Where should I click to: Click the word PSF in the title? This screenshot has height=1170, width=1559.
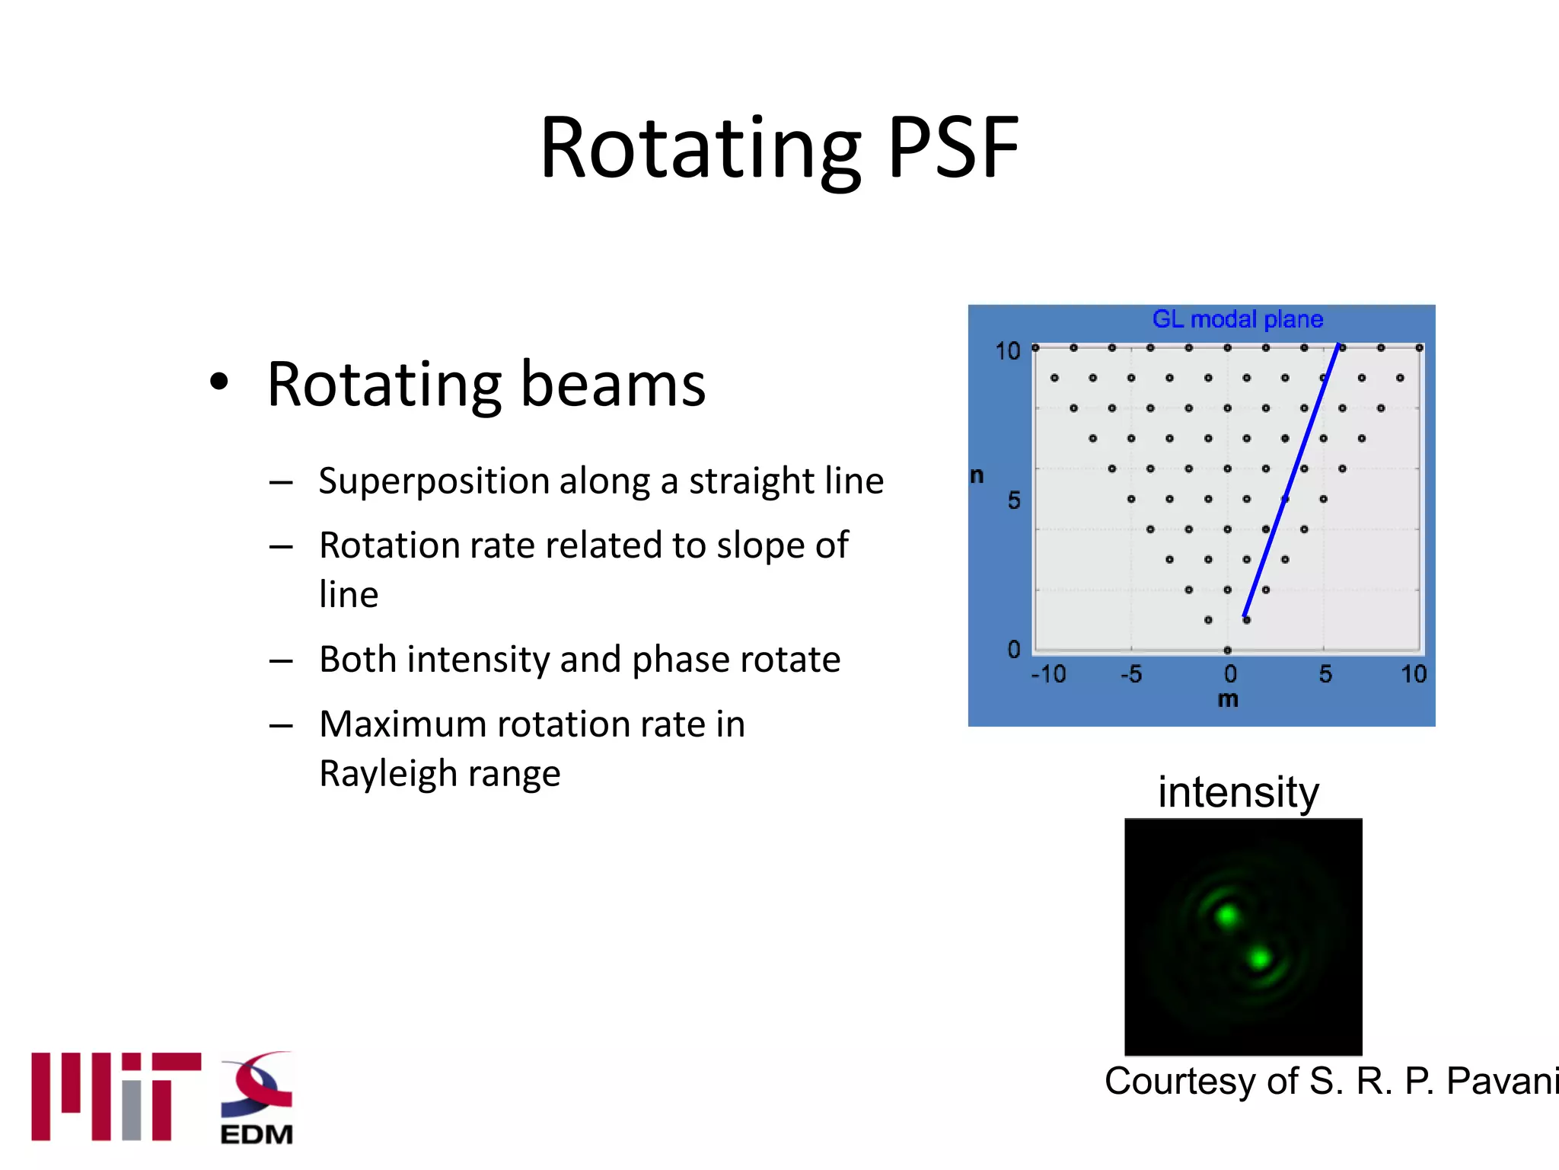pyautogui.click(x=953, y=148)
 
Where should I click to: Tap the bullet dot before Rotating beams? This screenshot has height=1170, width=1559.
pyautogui.click(x=219, y=383)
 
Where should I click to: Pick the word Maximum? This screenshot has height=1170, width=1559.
pyautogui.click(x=402, y=724)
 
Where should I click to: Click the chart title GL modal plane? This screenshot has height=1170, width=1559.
pyautogui.click(x=1237, y=319)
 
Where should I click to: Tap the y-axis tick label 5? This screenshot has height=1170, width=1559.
pyautogui.click(x=1014, y=500)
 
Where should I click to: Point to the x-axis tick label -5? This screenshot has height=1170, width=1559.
pyautogui.click(x=1131, y=674)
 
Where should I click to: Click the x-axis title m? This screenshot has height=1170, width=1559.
pyautogui.click(x=1228, y=699)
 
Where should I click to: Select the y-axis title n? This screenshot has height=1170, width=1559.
pyautogui.click(x=977, y=475)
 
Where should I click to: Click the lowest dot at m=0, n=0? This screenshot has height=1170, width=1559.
pyautogui.click(x=1227, y=650)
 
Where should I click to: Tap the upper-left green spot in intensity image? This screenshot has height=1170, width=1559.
pyautogui.click(x=1226, y=915)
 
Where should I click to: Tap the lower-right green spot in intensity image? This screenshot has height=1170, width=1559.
pyautogui.click(x=1260, y=958)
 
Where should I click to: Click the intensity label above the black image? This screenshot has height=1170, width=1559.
pyautogui.click(x=1238, y=792)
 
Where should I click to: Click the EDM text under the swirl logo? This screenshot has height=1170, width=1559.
pyautogui.click(x=257, y=1134)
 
